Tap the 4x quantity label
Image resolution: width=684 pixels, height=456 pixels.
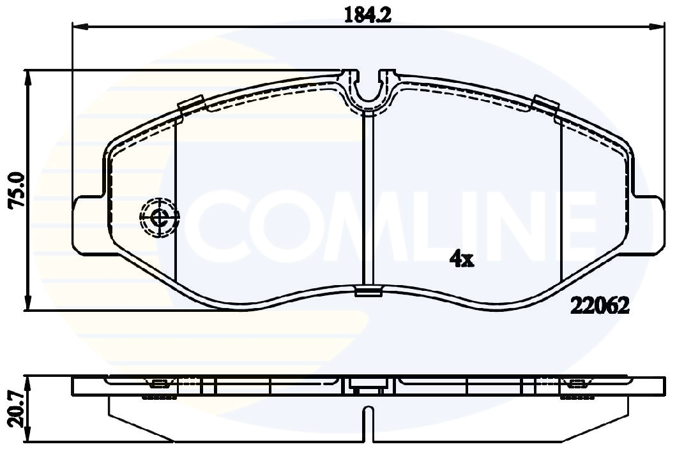point(461,258)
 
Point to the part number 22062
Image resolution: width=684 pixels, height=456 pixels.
point(600,306)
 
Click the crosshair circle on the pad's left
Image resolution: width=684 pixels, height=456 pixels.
point(159,218)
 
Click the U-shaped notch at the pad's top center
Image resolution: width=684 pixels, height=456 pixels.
point(367,89)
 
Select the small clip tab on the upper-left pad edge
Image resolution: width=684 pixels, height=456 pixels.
point(191,103)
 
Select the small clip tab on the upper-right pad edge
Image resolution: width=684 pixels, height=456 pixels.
point(544,103)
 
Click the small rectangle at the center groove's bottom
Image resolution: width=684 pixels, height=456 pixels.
point(367,291)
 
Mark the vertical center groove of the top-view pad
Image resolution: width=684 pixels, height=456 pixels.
point(367,198)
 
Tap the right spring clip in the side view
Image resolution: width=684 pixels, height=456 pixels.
point(577,385)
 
